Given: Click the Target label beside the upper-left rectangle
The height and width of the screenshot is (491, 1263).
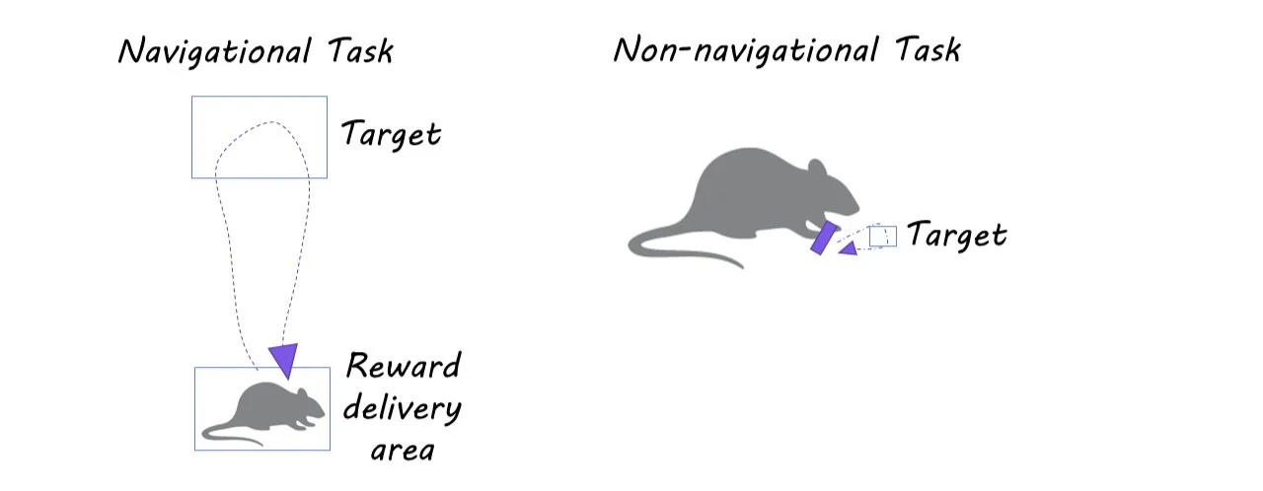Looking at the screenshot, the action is coord(391,133).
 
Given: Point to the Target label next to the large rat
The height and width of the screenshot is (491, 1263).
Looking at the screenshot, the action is coord(956,236).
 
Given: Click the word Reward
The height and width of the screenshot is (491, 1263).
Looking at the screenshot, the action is coord(403,366).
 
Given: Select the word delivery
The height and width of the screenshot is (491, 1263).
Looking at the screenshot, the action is coord(402,408).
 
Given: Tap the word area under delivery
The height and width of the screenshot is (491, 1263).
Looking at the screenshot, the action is coord(402,450).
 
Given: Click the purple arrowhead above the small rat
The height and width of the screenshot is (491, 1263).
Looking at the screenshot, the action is coord(284,359).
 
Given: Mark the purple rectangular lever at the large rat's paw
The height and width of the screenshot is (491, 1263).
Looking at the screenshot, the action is coord(823,238).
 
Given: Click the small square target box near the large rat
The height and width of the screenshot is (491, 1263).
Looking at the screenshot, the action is coord(882,236).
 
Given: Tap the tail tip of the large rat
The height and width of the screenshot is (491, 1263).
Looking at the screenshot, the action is coord(740,266).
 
